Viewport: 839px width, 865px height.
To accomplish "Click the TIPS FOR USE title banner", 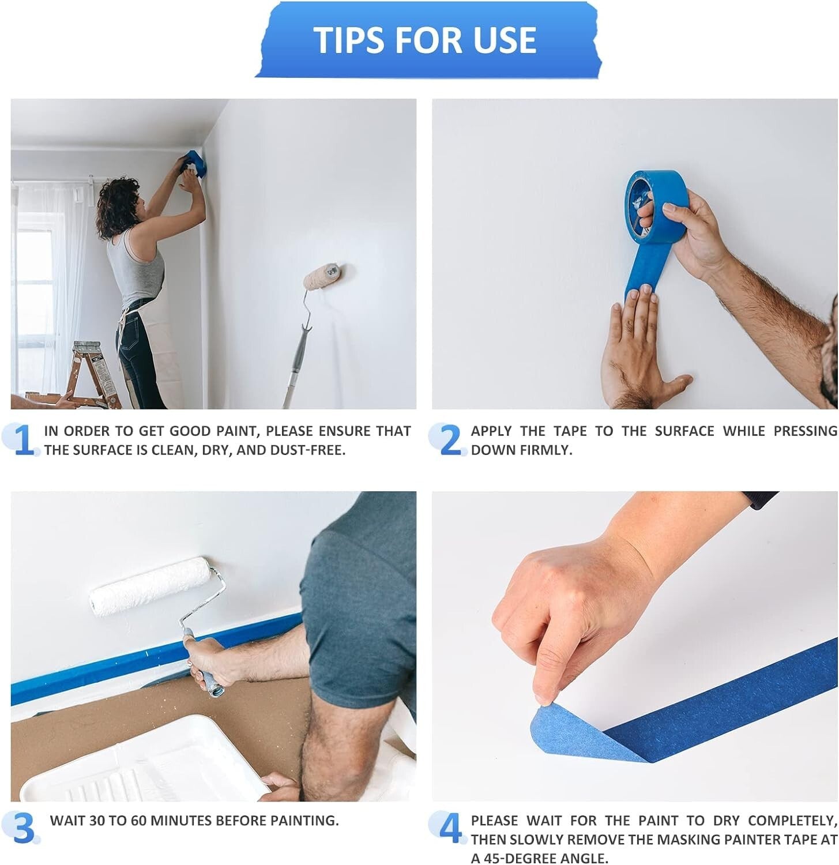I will pos(426,40).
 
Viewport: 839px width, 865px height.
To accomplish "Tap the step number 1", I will pos(23,441).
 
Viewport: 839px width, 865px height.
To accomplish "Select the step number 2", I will pos(450,441).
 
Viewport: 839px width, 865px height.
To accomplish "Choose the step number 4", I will pos(450,828).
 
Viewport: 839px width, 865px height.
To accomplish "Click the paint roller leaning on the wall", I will pos(322,277).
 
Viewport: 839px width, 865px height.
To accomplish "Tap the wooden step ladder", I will pos(95,375).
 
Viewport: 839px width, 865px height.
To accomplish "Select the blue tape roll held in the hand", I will pos(657,205).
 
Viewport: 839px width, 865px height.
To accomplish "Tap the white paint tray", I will pos(144,761).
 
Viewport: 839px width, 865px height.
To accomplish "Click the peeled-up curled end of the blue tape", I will pos(562,729).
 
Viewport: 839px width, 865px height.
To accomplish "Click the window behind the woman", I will pos(35,288).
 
